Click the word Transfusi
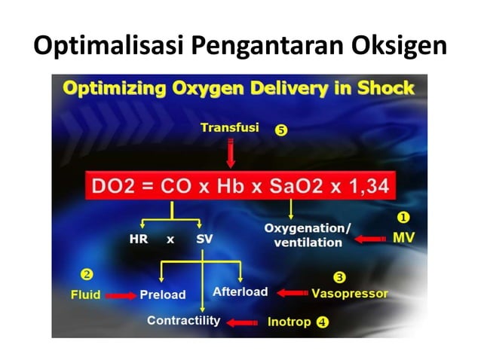click(229, 128)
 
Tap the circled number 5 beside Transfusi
click(281, 130)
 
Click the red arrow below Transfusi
click(231, 154)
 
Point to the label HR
click(139, 240)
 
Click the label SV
click(204, 240)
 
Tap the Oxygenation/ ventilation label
click(307, 235)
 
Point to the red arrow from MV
click(369, 239)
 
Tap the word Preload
click(163, 294)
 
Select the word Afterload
click(240, 291)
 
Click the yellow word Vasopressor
click(350, 293)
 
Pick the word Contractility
click(183, 321)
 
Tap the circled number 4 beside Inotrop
click(323, 322)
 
